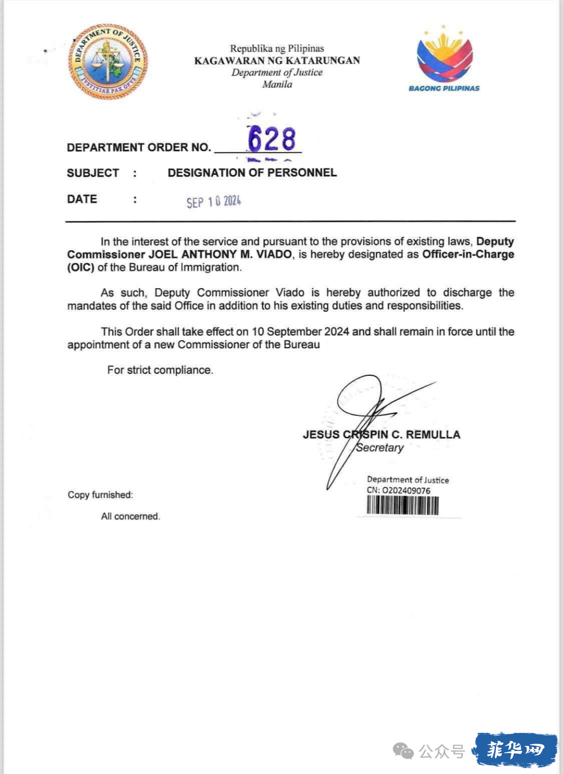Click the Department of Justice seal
[x=108, y=62]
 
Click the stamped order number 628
[x=272, y=139]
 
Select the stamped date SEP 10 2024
[x=214, y=202]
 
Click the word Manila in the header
[x=277, y=84]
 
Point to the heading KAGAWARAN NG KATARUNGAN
[x=277, y=60]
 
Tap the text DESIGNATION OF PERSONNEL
[x=252, y=173]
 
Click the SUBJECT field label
[x=93, y=173]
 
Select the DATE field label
[x=82, y=199]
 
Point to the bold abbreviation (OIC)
[x=81, y=267]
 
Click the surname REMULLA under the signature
[x=433, y=435]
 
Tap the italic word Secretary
[x=380, y=448]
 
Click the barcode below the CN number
[x=402, y=505]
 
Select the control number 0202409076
[x=406, y=490]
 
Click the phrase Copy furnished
[x=100, y=495]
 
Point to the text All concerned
[x=130, y=516]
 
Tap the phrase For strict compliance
[x=160, y=370]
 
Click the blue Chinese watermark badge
[x=515, y=750]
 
